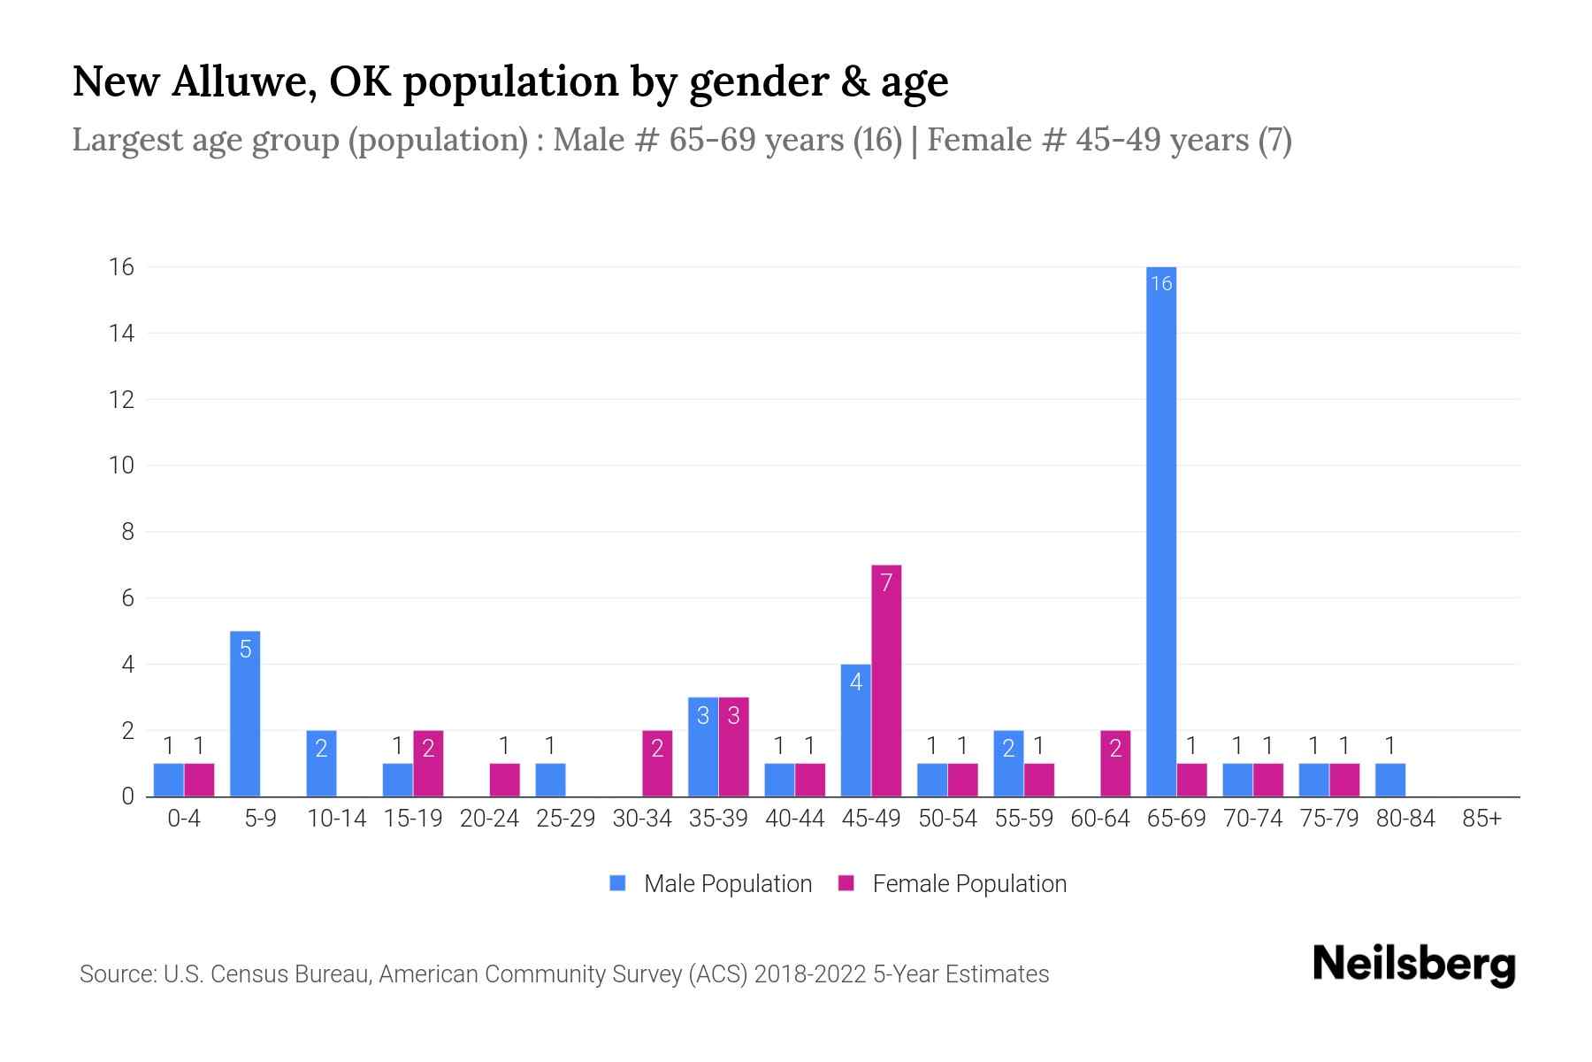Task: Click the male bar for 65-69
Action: [x=1161, y=531]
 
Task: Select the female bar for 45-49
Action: [x=886, y=681]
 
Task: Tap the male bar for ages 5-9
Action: [x=245, y=713]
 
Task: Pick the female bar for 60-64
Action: [x=1115, y=763]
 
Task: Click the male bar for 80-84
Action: [x=1390, y=780]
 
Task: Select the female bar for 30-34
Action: [x=657, y=763]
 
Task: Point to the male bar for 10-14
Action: [x=321, y=763]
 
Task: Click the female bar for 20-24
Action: [x=504, y=780]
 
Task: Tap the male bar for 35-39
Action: [x=703, y=747]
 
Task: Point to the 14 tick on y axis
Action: [x=121, y=334]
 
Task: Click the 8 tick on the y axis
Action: [x=127, y=532]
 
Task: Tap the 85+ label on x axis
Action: [x=1481, y=819]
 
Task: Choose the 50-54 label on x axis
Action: [x=947, y=819]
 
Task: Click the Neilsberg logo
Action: [x=1413, y=965]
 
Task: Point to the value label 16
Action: [x=1161, y=283]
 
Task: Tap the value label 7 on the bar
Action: [x=886, y=581]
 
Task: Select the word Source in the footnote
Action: [x=115, y=974]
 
